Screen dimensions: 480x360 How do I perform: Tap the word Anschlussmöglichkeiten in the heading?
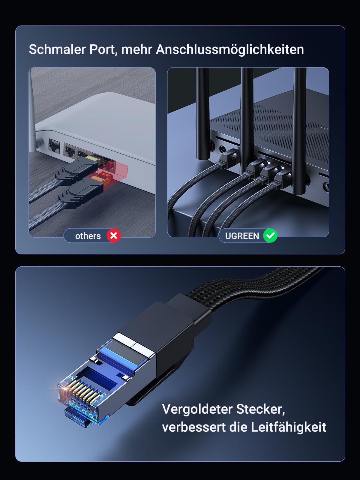(x=230, y=49)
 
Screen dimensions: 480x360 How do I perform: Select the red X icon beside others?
(x=113, y=235)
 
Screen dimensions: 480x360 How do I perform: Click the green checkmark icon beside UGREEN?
(x=270, y=235)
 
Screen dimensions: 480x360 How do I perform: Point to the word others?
(x=88, y=236)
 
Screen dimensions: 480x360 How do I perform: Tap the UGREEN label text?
(x=242, y=236)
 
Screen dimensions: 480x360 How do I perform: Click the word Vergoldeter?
(x=197, y=409)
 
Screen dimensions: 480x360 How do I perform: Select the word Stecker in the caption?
(x=260, y=409)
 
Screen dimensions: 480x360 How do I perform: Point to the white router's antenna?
(x=32, y=111)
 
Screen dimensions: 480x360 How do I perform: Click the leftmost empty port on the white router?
(x=54, y=145)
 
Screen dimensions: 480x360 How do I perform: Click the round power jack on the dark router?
(x=223, y=149)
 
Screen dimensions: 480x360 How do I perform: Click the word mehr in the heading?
(x=137, y=49)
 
